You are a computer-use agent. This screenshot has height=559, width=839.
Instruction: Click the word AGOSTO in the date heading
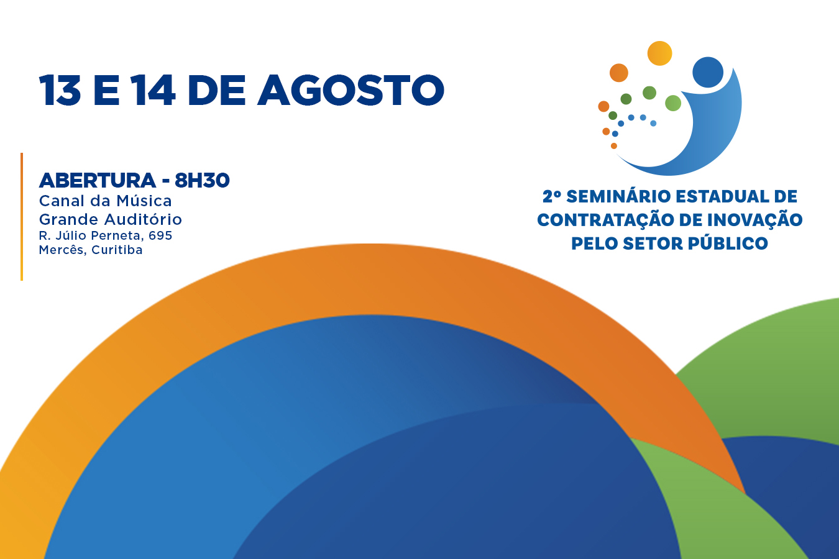pyautogui.click(x=351, y=90)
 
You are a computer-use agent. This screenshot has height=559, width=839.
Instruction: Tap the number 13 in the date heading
pyautogui.click(x=60, y=90)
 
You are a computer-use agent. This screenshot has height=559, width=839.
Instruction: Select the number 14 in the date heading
pyautogui.click(x=154, y=90)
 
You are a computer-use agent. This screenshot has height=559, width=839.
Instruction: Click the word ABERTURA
pyautogui.click(x=98, y=181)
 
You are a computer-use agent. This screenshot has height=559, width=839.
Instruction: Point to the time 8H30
pyautogui.click(x=202, y=181)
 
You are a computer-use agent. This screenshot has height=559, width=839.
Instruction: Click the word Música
pyautogui.click(x=144, y=201)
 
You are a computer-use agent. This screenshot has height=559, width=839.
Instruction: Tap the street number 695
pyautogui.click(x=160, y=235)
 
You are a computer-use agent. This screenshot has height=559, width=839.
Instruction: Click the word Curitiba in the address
pyautogui.click(x=117, y=250)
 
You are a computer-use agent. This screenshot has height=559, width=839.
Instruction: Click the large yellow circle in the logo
pyautogui.click(x=659, y=53)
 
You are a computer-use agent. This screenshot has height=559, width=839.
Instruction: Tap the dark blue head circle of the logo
pyautogui.click(x=708, y=72)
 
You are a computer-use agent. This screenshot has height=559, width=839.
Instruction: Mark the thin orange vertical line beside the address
pyautogui.click(x=22, y=216)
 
